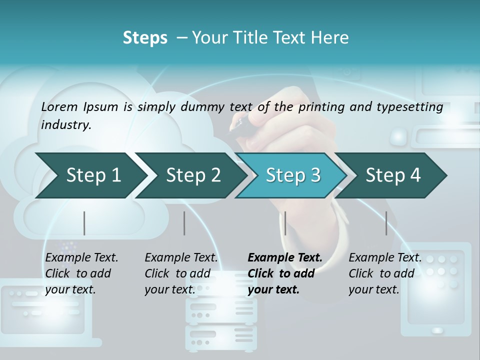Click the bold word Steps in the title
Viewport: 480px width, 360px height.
coord(145,38)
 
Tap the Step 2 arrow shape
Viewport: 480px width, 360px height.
coord(193,175)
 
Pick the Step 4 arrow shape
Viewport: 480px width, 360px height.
coord(393,175)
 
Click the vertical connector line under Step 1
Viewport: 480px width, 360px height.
coord(84,223)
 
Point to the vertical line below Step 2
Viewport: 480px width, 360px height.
coord(184,223)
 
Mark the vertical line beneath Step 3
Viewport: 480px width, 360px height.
coord(285,223)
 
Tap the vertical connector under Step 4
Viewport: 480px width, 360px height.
coord(386,223)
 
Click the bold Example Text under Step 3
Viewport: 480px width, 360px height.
coord(285,258)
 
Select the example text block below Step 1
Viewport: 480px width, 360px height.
coord(81,273)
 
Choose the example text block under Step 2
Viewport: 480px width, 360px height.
coord(181,273)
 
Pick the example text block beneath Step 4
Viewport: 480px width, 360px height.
coord(385,273)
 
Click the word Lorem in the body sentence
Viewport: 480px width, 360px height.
coord(59,107)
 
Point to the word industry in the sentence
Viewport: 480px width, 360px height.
coord(66,125)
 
